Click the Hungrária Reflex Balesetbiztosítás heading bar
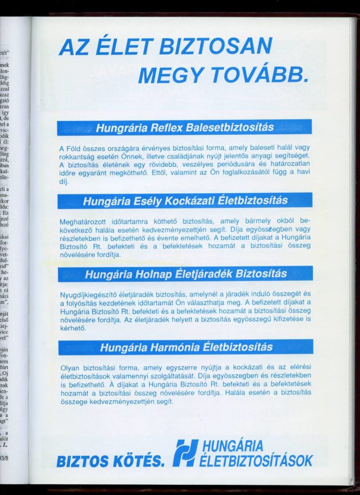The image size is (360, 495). [x=184, y=128]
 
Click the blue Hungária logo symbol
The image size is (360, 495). [x=185, y=453]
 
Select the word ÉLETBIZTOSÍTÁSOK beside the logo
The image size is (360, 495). [x=256, y=461]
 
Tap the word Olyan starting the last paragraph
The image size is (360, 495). [x=70, y=367]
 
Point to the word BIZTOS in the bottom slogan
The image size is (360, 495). [x=84, y=462]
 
